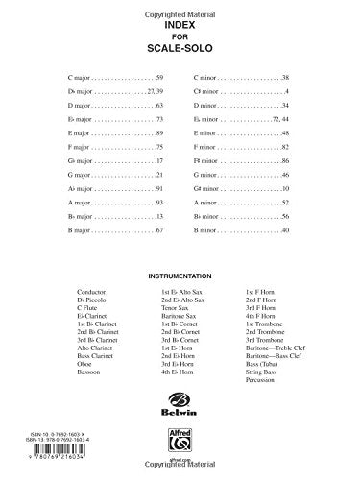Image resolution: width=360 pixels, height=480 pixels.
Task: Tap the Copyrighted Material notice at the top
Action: tap(180, 8)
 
